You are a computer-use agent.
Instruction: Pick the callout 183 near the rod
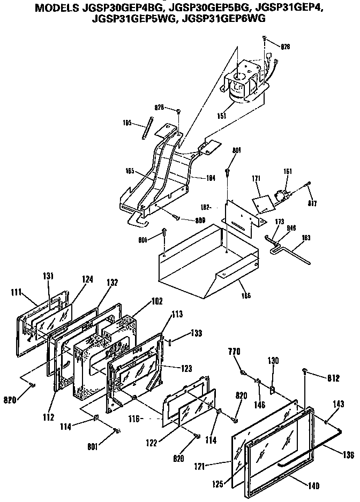(307, 237)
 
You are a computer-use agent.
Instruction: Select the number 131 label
(49, 277)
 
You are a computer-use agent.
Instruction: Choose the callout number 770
(236, 353)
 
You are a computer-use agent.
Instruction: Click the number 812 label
(333, 378)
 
